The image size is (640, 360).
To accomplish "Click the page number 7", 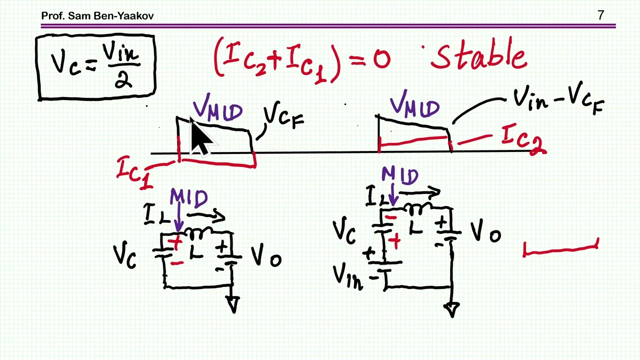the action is tap(601, 15).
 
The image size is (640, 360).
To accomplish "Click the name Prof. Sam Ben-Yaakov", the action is tap(97, 15).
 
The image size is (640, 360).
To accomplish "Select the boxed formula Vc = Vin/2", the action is tap(95, 67).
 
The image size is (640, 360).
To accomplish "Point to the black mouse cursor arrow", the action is tap(201, 136).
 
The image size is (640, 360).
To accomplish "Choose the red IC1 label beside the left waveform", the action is tap(134, 172).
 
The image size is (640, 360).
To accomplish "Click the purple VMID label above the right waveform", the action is tap(414, 104).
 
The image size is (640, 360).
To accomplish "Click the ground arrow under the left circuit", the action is tap(233, 304).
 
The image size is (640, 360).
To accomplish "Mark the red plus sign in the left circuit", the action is tap(175, 243).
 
